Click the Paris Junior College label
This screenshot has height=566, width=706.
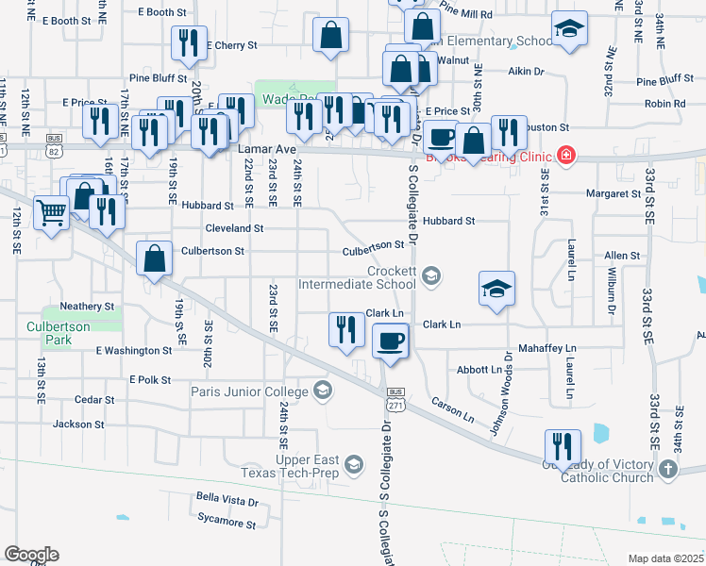point(249,391)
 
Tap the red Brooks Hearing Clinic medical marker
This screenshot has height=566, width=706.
point(566,156)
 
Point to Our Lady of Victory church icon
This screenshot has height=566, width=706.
point(667,469)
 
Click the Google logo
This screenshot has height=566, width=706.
point(30,555)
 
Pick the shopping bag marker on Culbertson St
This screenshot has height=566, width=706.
point(154,258)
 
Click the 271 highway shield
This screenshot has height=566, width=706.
point(395,404)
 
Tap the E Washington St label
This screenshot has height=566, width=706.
point(134,350)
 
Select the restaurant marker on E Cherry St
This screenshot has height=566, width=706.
point(186,42)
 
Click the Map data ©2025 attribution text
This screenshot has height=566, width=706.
point(665,558)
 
